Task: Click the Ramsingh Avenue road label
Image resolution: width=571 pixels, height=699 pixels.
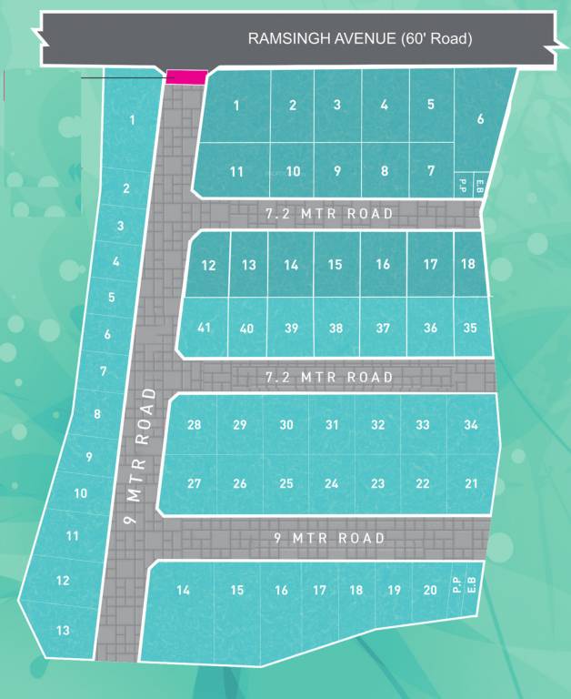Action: (360, 39)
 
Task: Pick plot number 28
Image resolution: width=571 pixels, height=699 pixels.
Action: (194, 425)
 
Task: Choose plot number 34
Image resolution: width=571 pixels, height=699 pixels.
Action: (470, 425)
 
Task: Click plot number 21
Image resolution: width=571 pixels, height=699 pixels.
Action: (470, 483)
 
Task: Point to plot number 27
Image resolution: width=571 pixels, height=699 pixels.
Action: (194, 483)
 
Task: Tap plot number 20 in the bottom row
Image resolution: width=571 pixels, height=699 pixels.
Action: (430, 590)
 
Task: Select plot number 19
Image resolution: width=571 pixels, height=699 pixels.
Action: (394, 590)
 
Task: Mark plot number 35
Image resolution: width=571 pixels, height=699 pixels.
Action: (470, 328)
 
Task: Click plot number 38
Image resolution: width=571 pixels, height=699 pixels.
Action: (336, 328)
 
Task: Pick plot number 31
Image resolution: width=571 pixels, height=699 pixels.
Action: (332, 425)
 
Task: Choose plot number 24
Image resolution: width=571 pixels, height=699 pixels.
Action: (332, 483)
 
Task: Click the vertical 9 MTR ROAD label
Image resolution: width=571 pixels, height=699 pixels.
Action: (139, 458)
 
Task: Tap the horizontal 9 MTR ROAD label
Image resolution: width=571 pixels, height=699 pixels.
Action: (330, 538)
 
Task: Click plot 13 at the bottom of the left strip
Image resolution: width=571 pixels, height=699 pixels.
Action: (63, 630)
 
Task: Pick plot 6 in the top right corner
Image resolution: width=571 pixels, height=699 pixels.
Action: (480, 118)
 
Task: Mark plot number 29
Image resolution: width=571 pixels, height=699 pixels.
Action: (239, 425)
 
